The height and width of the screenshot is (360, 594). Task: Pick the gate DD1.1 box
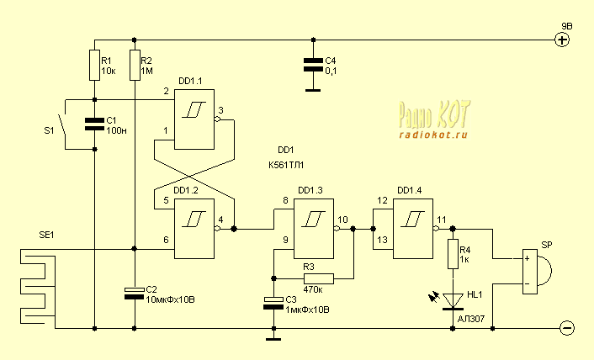(x=195, y=120)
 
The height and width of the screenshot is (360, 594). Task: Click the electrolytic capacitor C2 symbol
(x=135, y=292)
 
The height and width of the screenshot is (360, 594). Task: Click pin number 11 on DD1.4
(x=442, y=220)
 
